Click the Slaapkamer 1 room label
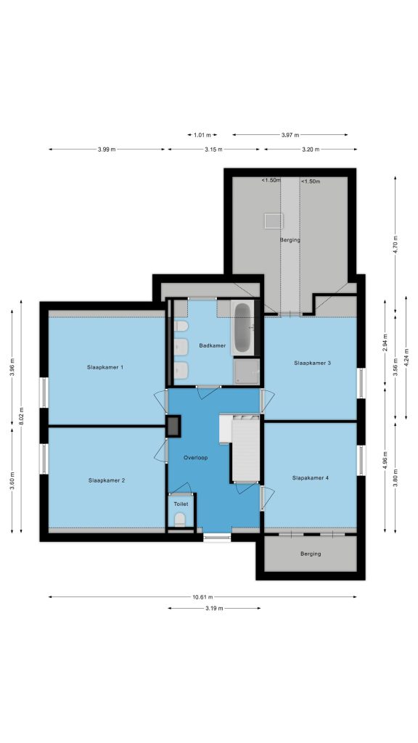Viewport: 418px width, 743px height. (105, 367)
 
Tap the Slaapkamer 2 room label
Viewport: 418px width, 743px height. (107, 480)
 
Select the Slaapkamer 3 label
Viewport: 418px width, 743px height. (312, 363)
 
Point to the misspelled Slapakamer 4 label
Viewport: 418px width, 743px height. (311, 477)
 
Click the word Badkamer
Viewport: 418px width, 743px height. (213, 345)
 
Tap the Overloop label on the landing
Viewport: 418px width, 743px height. (196, 458)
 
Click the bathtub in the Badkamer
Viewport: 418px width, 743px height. (242, 328)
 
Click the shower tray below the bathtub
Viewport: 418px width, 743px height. (247, 371)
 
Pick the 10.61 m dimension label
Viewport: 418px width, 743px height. (203, 597)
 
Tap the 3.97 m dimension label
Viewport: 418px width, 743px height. (290, 135)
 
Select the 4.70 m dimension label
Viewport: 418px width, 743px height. (396, 245)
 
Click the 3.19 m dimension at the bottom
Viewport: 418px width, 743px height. (214, 609)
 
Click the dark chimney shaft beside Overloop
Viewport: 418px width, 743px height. (173, 426)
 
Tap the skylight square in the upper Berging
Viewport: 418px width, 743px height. (274, 221)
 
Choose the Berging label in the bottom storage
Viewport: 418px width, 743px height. (311, 554)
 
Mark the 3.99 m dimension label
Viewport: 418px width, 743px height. (107, 149)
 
